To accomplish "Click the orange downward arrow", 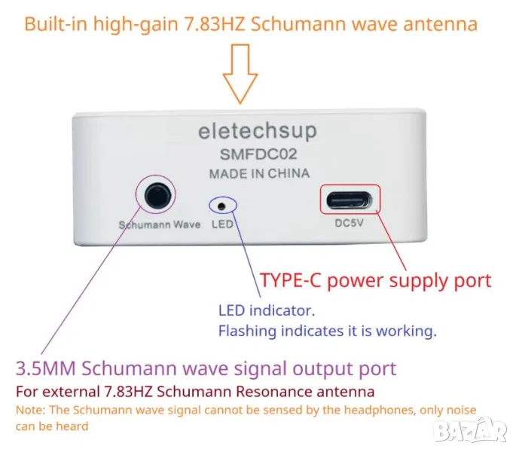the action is click(x=240, y=74).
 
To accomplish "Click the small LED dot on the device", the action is click(x=221, y=206).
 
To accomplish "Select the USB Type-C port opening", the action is click(x=350, y=200).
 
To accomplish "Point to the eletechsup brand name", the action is click(x=258, y=131).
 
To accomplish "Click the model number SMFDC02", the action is click(x=258, y=154).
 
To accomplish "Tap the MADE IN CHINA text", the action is click(x=259, y=173).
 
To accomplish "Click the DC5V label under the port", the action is click(x=350, y=223).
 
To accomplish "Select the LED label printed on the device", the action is click(x=222, y=224).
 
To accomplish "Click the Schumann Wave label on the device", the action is click(x=160, y=224).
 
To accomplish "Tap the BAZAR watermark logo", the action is click(x=472, y=429).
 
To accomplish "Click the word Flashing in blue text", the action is click(x=248, y=331).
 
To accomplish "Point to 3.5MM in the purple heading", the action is click(x=46, y=368).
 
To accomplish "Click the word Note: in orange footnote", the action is click(x=31, y=411).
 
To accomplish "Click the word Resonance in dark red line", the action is click(x=274, y=392).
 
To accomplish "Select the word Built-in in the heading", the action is click(x=56, y=24).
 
